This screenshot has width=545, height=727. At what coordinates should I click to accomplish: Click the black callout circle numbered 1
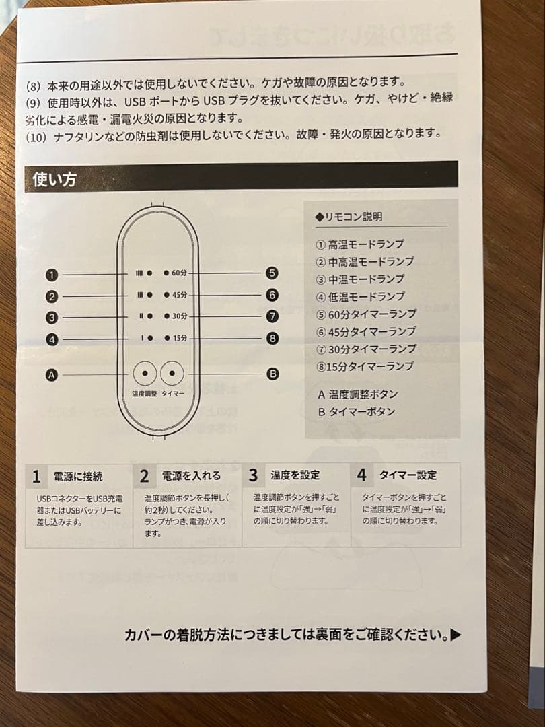52,275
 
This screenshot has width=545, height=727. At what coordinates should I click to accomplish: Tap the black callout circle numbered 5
272,273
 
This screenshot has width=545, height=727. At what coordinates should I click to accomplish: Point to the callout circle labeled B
272,373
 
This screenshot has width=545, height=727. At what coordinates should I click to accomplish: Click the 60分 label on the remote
178,273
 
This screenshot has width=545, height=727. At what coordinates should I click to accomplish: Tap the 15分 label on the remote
179,338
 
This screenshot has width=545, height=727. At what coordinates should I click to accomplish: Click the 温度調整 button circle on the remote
144,374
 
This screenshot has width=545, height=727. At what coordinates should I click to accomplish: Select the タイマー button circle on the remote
172,374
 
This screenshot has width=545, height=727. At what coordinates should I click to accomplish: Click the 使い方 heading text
54,180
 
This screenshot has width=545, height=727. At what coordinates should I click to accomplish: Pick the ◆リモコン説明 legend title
349,217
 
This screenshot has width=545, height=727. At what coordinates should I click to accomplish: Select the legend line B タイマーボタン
357,411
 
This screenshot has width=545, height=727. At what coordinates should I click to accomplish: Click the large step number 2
144,476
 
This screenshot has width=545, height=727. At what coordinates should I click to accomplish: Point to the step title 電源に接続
78,477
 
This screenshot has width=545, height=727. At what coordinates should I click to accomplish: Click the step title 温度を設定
295,475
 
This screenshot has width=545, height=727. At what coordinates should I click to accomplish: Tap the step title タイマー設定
408,475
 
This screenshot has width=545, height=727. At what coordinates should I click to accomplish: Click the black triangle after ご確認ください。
456,635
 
